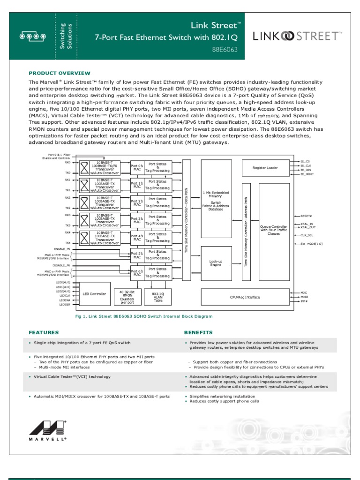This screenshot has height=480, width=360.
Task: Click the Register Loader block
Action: [x=265, y=167]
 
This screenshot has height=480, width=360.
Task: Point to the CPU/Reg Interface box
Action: [x=245, y=296]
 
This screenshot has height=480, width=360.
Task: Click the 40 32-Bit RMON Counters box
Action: [x=124, y=296]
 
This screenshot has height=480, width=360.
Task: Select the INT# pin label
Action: [x=304, y=301]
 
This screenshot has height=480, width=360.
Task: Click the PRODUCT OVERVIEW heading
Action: [x=60, y=73]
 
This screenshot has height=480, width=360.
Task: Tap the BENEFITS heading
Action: [x=198, y=332]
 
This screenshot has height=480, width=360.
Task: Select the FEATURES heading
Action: [x=44, y=332]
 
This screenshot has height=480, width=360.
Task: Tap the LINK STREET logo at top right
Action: [x=298, y=36]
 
